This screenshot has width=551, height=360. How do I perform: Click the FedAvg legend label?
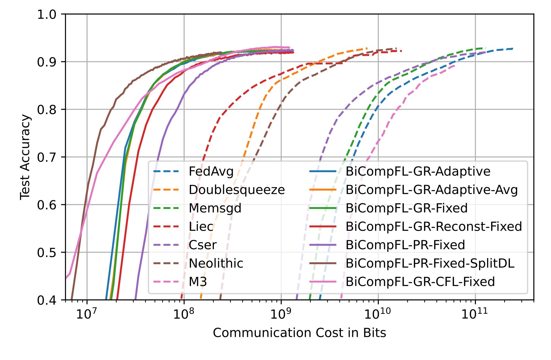211,172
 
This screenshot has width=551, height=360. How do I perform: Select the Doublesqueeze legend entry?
236,190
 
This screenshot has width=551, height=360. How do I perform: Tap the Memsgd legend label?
215,208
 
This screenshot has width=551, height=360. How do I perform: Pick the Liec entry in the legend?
201,227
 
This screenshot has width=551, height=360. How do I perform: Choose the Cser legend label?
202,245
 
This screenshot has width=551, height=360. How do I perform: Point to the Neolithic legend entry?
216,263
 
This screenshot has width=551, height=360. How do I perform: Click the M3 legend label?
198,282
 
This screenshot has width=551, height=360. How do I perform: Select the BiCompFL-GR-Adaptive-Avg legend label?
431,190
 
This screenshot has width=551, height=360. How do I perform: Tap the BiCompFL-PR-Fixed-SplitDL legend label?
430,263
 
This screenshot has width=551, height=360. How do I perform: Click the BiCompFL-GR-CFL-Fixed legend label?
420,282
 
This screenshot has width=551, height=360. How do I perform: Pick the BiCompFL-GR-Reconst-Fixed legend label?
434,227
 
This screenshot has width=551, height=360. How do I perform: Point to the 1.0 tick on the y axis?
47,14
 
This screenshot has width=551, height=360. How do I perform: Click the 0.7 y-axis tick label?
47,157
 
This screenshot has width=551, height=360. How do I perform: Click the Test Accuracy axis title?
25,157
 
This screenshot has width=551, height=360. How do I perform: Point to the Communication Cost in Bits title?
299,333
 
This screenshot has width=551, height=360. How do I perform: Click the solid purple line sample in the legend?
323,245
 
